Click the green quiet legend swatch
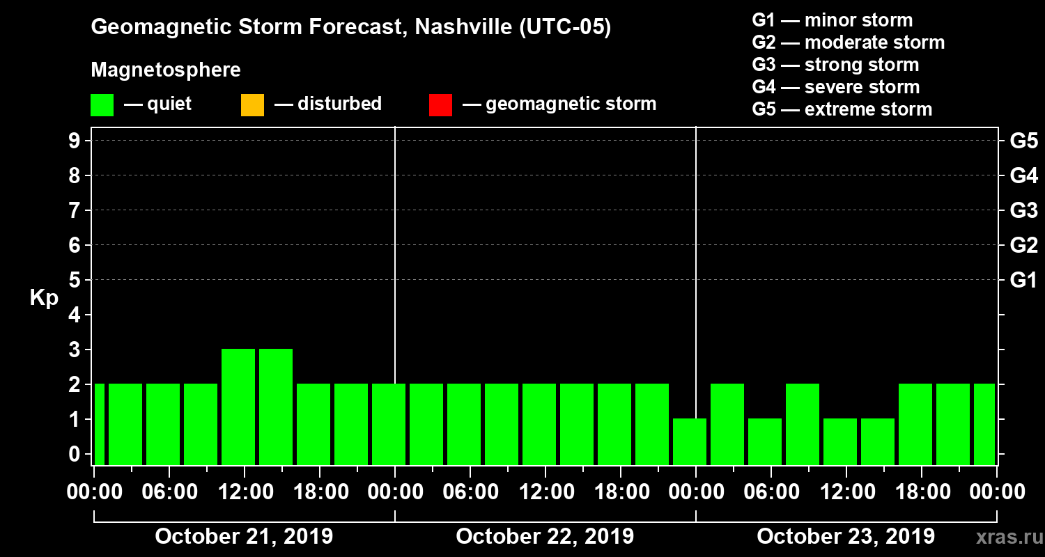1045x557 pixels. pos(102,104)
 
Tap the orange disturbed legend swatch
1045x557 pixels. pos(252,104)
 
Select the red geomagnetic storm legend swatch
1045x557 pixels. pos(440,104)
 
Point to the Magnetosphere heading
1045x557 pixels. pos(166,70)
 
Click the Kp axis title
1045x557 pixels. pos(43,298)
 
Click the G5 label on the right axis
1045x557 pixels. pos(1023,141)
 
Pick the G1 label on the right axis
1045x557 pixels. pos(1023,281)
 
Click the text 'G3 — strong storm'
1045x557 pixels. pos(835,65)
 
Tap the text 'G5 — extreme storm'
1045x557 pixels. pos(842,109)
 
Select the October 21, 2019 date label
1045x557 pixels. pos(244,537)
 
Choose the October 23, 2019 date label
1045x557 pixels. pos(846,537)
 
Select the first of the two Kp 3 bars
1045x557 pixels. pos(238,407)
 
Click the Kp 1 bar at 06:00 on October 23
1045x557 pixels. pos(765,441)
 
